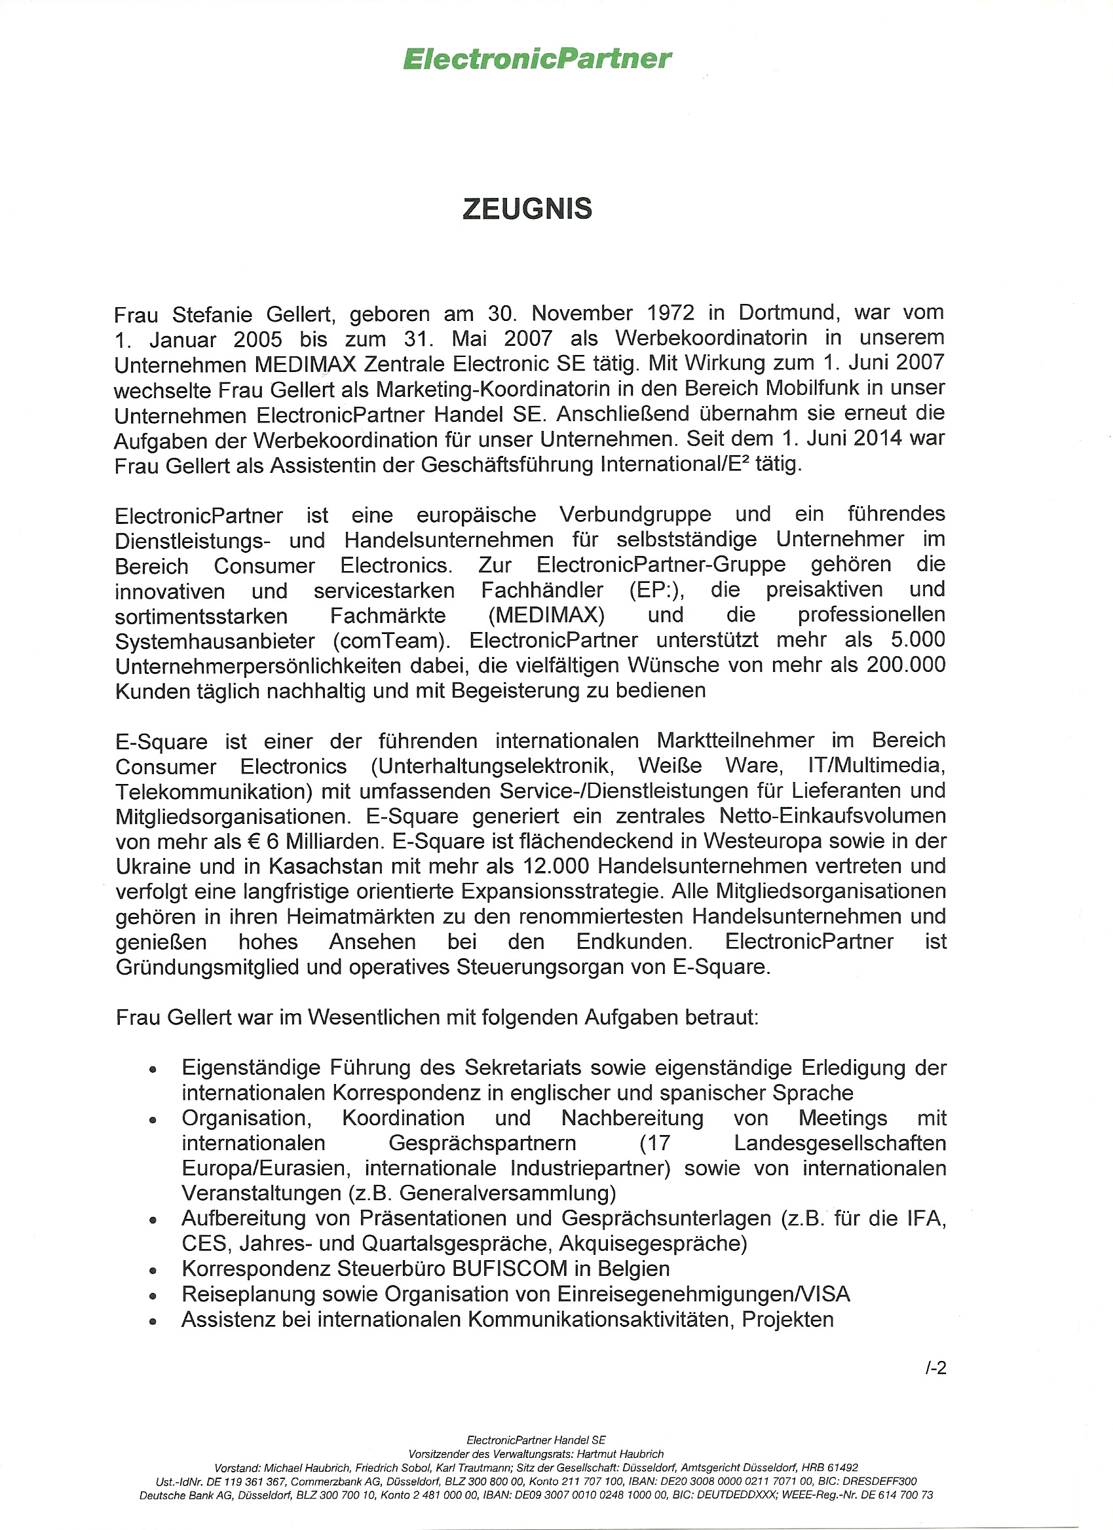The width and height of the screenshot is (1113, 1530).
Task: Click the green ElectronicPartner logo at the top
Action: click(537, 59)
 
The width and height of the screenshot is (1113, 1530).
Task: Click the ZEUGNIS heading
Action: click(527, 208)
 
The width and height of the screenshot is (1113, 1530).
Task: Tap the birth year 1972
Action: click(670, 313)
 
